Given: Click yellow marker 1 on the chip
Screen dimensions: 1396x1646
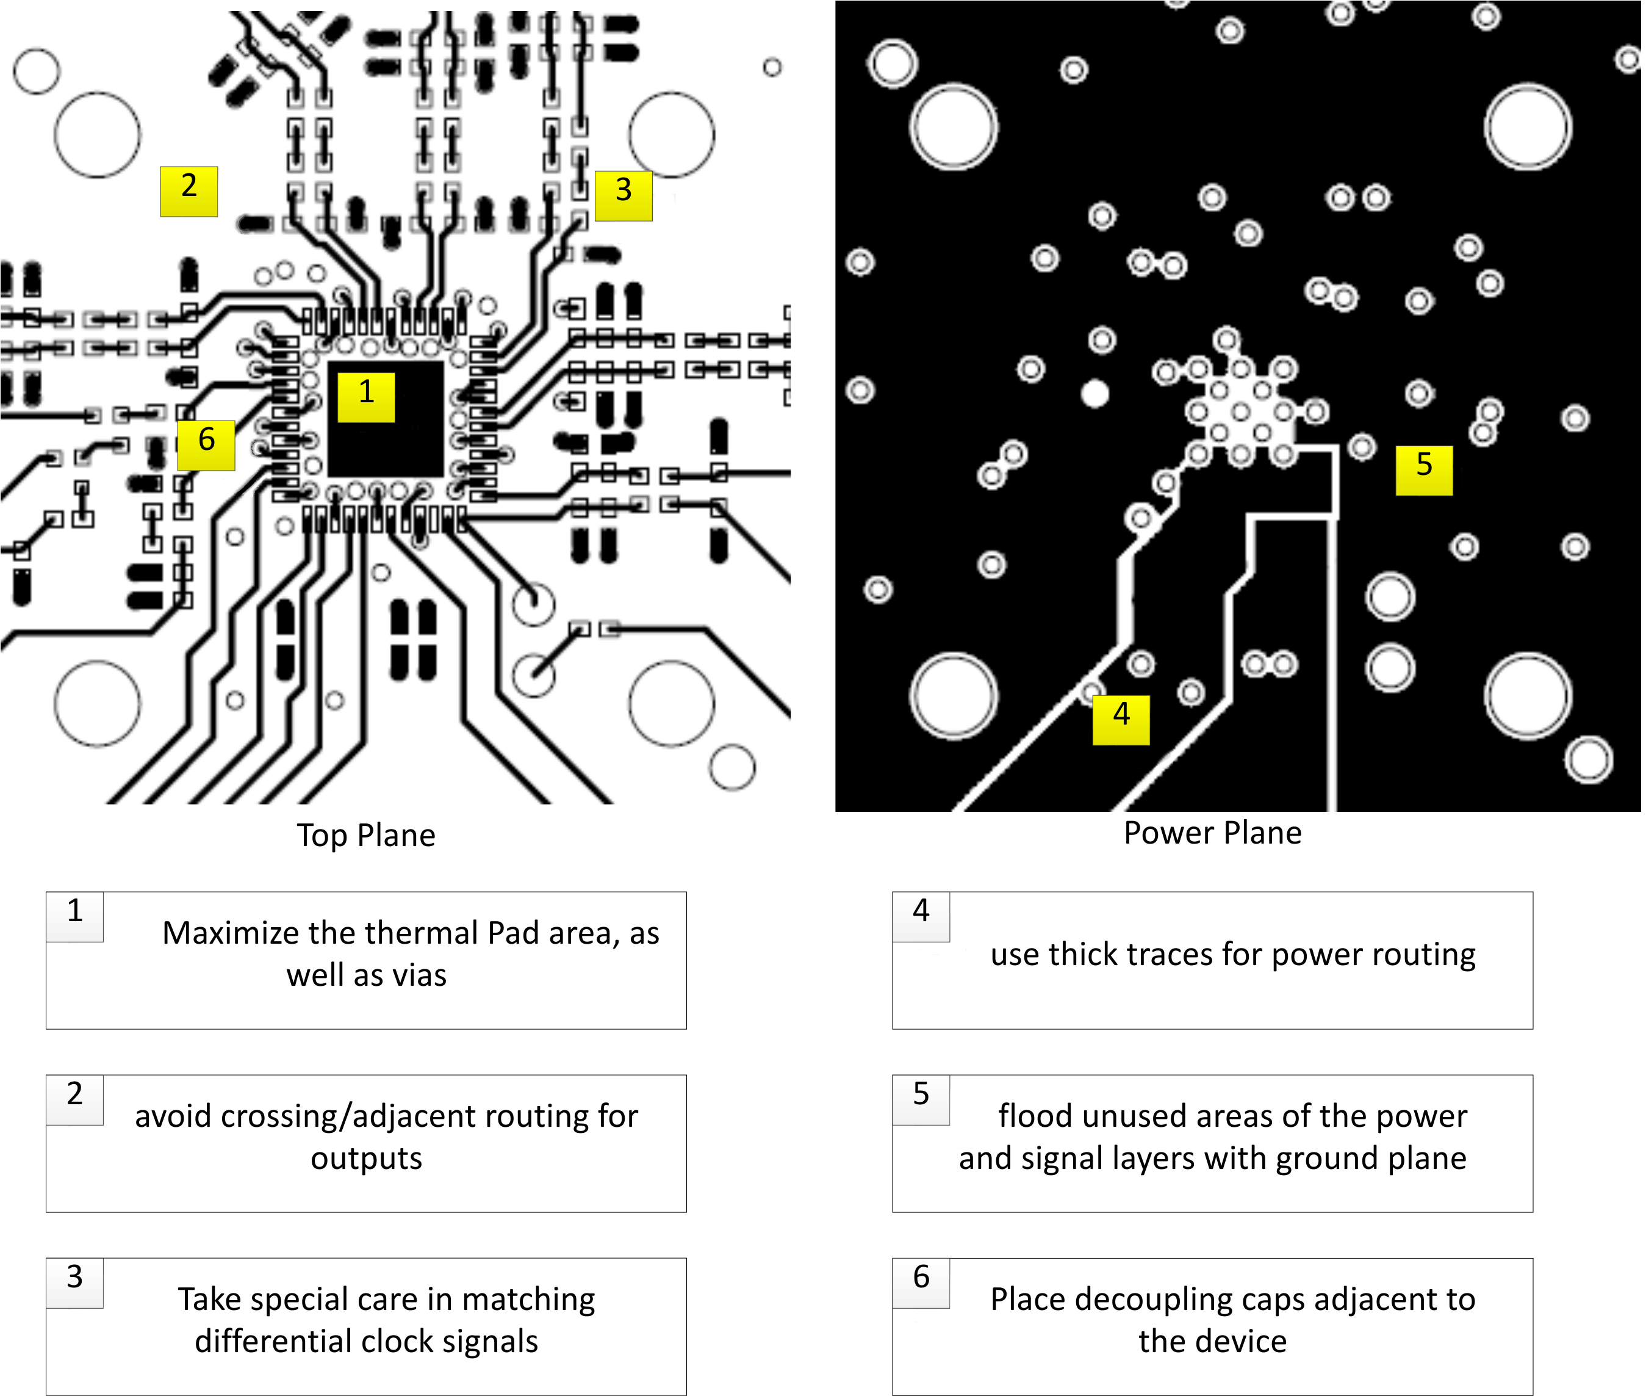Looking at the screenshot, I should (x=365, y=397).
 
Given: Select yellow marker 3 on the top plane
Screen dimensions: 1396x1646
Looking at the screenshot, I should (x=624, y=195).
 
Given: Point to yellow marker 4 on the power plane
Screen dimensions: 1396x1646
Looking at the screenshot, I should (x=1120, y=720).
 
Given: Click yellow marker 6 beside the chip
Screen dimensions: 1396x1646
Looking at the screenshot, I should (x=206, y=445).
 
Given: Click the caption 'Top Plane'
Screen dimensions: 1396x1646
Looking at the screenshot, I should (x=365, y=835).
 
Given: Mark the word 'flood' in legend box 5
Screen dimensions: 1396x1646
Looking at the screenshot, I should (x=1034, y=1116).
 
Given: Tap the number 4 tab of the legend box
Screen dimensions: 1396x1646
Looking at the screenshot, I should (x=921, y=912).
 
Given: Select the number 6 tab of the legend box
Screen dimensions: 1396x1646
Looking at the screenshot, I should (x=921, y=1278).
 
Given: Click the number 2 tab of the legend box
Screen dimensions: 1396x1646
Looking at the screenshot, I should (x=74, y=1094).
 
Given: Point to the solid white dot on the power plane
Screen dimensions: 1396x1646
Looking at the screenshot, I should (x=1094, y=393).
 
